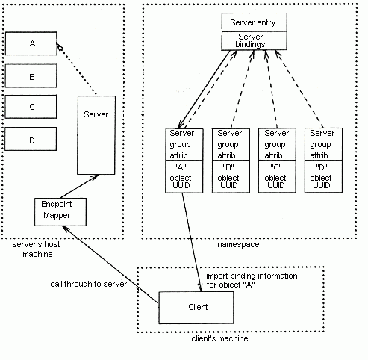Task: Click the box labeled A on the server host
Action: tap(31, 43)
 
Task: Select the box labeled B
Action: tap(31, 76)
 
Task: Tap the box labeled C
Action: tap(31, 107)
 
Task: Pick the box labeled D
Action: tap(31, 139)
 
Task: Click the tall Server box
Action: tap(96, 135)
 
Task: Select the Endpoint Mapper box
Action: tap(60, 212)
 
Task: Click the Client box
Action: tap(196, 308)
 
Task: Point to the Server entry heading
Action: tap(255, 22)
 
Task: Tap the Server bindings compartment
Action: tap(255, 41)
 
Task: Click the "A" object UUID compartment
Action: tap(184, 176)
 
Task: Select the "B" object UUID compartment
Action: tap(231, 176)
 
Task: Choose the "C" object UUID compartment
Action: tap(277, 176)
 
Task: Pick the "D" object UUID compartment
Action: tap(323, 176)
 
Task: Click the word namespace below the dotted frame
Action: tap(238, 245)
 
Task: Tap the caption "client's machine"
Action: tap(219, 338)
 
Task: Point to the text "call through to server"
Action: tap(89, 284)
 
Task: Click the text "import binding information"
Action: tap(252, 276)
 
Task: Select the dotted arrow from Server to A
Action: tap(76, 69)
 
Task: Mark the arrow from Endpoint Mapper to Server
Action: tap(80, 186)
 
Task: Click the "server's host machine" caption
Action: tap(37, 249)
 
